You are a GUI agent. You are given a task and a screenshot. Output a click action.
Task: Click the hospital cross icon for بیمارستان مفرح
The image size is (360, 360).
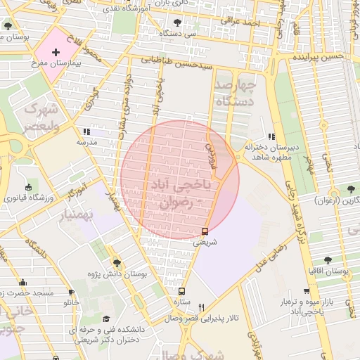pos(56,53)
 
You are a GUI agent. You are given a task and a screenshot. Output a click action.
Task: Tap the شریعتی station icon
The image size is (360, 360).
pos(205,231)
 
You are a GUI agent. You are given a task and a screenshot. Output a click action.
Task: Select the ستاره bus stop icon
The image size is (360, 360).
pos(182,290)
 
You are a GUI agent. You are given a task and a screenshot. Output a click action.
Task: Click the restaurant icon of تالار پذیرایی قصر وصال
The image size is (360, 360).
pos(202,307)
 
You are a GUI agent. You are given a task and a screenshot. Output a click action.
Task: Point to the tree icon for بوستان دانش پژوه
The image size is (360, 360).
pos(117,262)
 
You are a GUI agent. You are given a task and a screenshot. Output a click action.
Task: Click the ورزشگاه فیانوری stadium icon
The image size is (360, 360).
pos(28,188)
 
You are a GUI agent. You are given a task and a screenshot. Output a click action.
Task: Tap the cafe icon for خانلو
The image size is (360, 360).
pos(71,292)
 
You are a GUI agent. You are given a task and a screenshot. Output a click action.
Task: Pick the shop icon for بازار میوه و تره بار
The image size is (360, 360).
pos(307,291)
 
